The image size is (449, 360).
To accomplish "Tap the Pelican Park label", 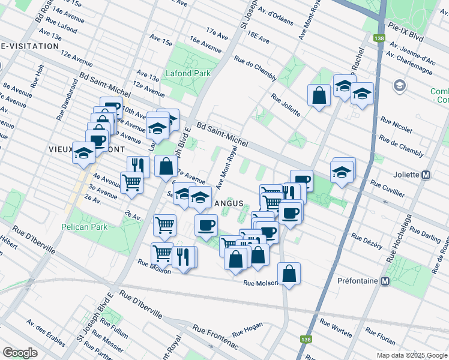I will click(x=84, y=227).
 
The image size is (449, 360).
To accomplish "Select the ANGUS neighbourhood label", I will click(x=229, y=203).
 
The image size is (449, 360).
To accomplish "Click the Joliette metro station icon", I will click(x=426, y=175).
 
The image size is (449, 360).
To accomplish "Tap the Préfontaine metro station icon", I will click(x=385, y=281).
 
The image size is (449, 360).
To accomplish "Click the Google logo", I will click(x=20, y=352).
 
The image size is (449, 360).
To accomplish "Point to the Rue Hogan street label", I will click(x=247, y=328).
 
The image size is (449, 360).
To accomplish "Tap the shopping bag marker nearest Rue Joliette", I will click(x=319, y=94).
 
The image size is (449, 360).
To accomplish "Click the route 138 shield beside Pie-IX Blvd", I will click(x=378, y=38).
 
